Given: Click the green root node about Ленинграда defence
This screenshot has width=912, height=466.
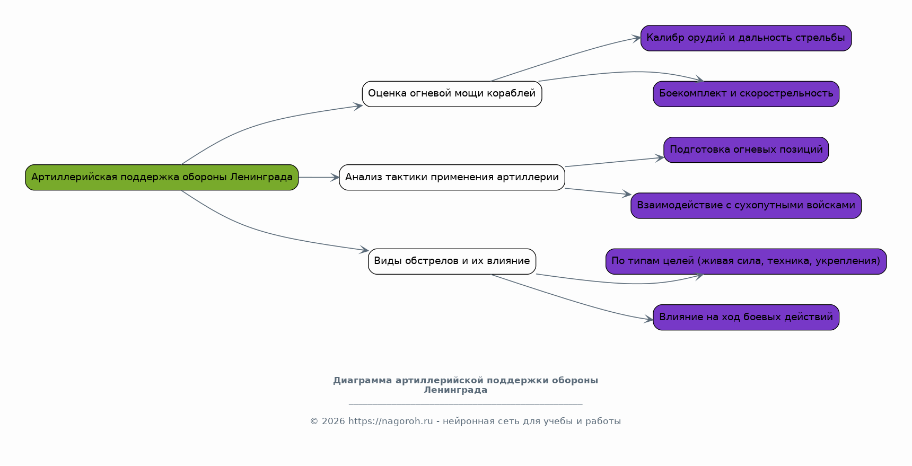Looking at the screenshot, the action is coord(162,177).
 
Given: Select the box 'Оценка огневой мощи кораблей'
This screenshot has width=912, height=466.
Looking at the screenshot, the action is coord(452,94).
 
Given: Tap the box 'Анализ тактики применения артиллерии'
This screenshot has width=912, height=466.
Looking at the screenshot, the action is coord(452,177).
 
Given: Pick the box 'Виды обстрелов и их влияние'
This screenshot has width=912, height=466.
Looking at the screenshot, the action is coord(452,261).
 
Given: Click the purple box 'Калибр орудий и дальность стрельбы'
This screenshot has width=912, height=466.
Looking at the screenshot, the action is coord(746,38).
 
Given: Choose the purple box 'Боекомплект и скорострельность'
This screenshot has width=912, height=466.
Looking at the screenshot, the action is coord(746,94).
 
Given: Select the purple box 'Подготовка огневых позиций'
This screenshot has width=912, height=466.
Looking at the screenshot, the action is coord(746,150).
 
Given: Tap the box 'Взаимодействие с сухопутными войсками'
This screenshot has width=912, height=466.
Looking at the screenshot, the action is coord(746,206).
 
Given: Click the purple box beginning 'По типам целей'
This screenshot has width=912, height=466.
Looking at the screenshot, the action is coord(746,261).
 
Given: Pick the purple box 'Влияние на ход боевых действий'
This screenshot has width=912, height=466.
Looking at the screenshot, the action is coord(746,317).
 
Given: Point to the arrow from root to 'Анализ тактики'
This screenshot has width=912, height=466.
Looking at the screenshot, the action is coord(319,177).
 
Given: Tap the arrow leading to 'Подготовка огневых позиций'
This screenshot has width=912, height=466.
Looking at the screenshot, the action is coord(615,162).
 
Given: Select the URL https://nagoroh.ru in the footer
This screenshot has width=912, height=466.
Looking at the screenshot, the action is coord(391,421).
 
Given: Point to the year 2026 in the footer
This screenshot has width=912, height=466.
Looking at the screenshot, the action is coord(333,421).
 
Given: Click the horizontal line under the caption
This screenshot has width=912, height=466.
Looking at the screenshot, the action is coord(466,405).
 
